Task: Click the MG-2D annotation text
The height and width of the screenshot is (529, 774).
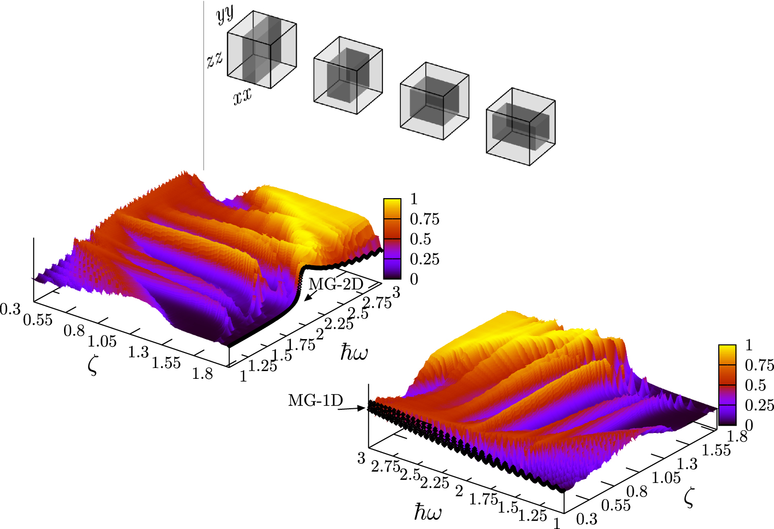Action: (336, 284)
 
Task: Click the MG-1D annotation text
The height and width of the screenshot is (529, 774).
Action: (315, 400)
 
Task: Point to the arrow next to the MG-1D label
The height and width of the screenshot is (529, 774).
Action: (355, 408)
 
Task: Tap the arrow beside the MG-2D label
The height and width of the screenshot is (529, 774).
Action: (311, 296)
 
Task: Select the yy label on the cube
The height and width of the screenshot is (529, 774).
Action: (224, 15)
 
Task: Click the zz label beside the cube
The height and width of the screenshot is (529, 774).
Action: (215, 59)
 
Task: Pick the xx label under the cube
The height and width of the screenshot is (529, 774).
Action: (243, 96)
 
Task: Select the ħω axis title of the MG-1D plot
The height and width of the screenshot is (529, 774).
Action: (428, 512)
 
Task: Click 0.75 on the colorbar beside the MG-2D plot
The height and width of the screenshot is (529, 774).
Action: (425, 219)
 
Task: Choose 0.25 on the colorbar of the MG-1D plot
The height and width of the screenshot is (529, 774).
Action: (759, 405)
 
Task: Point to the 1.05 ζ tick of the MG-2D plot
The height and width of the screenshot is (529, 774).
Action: (102, 341)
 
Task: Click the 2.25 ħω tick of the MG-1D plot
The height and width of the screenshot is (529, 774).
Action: (434, 483)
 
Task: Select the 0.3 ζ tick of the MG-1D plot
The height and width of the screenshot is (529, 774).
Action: (587, 519)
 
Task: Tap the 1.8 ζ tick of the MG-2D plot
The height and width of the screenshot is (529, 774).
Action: (202, 374)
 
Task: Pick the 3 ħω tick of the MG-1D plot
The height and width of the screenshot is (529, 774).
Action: (361, 458)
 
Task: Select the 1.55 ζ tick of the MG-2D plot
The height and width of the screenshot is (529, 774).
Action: (166, 363)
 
